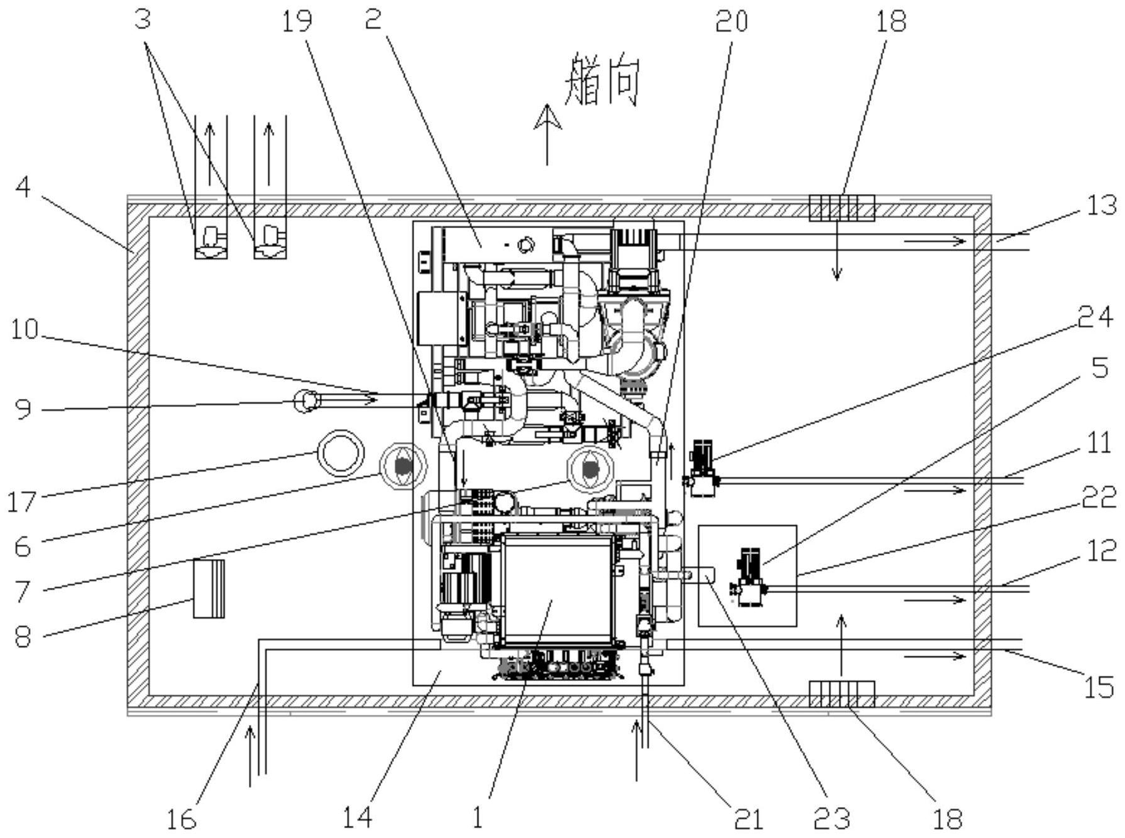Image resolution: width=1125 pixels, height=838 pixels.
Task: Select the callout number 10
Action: [x=25, y=330]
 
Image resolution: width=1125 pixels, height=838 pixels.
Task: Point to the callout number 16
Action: [x=182, y=819]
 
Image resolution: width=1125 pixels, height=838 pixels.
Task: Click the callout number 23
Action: [x=831, y=819]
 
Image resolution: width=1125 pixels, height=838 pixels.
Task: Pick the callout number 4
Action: [x=23, y=187]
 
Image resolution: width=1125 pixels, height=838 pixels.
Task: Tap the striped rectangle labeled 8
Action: [x=208, y=588]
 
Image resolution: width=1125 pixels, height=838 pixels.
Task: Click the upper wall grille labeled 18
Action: [x=842, y=208]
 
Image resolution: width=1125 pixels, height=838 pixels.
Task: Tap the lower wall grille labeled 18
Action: [x=842, y=694]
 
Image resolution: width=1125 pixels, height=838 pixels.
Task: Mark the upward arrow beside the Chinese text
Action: [x=547, y=134]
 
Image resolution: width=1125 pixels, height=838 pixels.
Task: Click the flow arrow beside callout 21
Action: [x=636, y=751]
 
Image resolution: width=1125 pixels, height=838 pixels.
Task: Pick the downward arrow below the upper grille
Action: [x=837, y=250]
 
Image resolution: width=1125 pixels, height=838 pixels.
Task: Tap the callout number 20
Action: [x=732, y=22]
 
